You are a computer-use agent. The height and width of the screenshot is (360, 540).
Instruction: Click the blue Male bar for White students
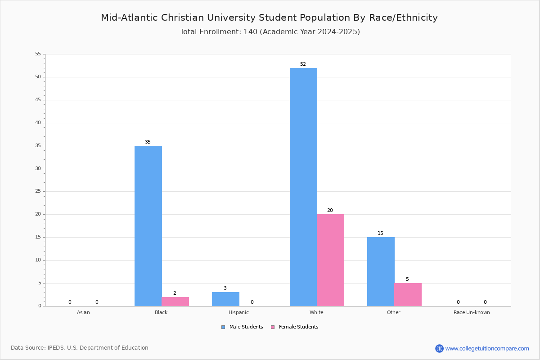pyautogui.click(x=303, y=187)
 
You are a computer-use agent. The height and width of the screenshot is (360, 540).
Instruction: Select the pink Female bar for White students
pyautogui.click(x=330, y=260)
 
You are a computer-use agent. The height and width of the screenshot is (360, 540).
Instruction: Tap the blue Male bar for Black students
pyautogui.click(x=148, y=226)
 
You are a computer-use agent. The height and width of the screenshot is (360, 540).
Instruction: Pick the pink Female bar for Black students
pyautogui.click(x=175, y=301)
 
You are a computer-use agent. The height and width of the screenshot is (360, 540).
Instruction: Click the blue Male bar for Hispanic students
pyautogui.click(x=225, y=299)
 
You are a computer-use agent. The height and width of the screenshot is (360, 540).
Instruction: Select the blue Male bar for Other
pyautogui.click(x=381, y=271)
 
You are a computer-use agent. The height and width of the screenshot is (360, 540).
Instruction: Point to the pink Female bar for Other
pyautogui.click(x=408, y=294)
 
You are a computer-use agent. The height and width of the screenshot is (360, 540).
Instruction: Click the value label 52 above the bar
pyautogui.click(x=303, y=64)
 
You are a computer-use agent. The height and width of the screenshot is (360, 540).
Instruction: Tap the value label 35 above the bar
pyautogui.click(x=148, y=142)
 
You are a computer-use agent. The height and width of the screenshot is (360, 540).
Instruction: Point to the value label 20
pyautogui.click(x=330, y=211)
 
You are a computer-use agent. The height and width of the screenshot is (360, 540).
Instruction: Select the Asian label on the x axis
pyautogui.click(x=83, y=312)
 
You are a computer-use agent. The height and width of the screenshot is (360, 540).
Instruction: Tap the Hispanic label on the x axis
pyautogui.click(x=238, y=312)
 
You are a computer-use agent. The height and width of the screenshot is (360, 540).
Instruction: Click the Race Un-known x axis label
pyautogui.click(x=472, y=312)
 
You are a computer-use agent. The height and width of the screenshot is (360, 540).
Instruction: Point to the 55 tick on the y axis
pyautogui.click(x=38, y=54)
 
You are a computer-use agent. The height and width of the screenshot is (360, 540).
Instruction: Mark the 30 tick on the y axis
pyautogui.click(x=38, y=169)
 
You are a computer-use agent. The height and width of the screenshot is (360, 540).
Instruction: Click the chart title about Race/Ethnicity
pyautogui.click(x=269, y=18)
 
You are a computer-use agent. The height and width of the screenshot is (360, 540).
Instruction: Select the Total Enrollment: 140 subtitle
pyautogui.click(x=270, y=32)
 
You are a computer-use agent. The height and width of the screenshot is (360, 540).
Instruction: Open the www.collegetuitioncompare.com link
pyautogui.click(x=487, y=348)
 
